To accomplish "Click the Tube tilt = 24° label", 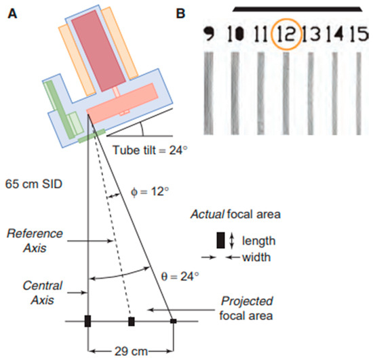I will tap(151, 151).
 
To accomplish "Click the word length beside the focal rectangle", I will tap(257, 240).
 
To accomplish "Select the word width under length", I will tap(256, 257).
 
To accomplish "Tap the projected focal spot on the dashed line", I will tap(132, 321).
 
